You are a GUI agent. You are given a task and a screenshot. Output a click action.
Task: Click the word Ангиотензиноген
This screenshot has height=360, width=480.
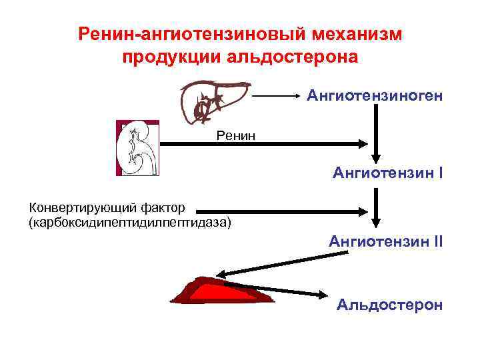point(375,97)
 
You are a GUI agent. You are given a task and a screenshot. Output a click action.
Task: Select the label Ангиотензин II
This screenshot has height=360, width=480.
point(385,241)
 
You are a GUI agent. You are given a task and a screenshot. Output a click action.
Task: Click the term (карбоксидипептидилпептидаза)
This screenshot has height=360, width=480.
point(129,221)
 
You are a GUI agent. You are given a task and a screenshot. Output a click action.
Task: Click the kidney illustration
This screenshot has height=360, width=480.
point(137,149)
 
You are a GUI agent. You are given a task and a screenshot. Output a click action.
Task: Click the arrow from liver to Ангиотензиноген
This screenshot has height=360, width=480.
point(277,97)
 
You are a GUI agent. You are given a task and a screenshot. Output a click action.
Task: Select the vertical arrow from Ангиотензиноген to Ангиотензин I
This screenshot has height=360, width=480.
point(377,131)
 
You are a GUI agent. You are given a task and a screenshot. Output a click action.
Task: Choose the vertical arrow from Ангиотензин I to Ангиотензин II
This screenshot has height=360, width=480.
point(377,207)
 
